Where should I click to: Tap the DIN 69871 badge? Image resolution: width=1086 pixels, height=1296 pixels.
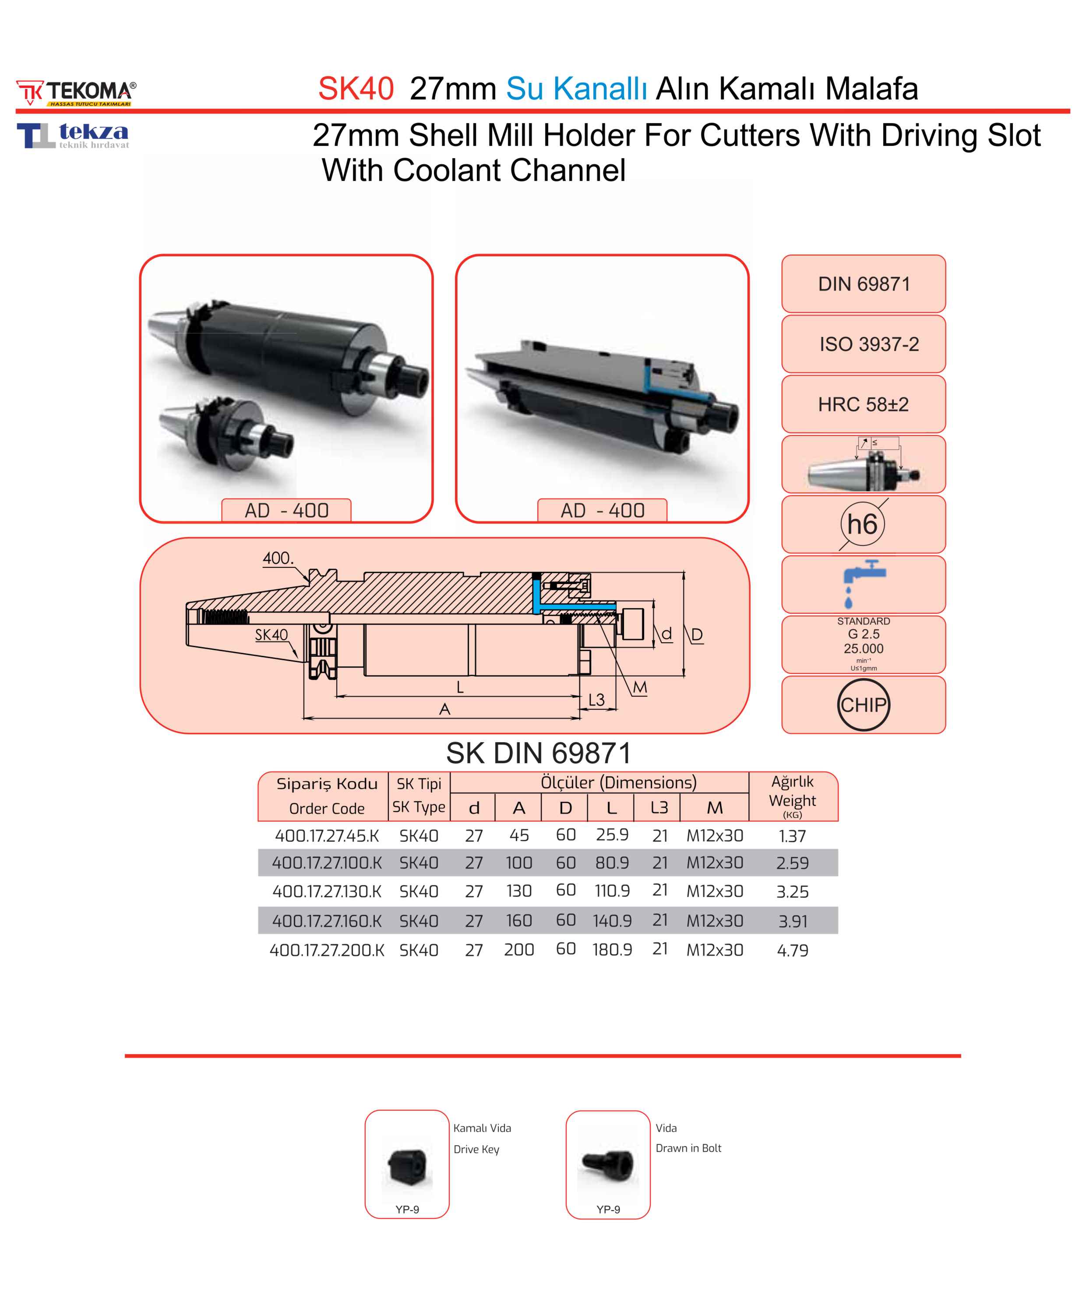click(x=864, y=284)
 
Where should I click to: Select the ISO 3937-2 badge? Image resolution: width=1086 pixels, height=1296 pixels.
click(x=864, y=344)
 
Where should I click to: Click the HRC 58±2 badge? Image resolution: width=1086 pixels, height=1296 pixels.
click(x=864, y=404)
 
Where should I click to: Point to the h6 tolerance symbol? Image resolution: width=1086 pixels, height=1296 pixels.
click(x=863, y=524)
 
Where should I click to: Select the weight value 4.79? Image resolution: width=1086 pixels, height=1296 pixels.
click(x=793, y=950)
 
